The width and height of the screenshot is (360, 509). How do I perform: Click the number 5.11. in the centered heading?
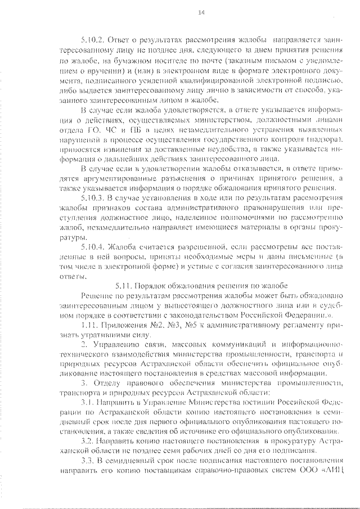[x=124, y=286]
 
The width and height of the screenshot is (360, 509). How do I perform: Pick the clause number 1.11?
[x=91, y=326]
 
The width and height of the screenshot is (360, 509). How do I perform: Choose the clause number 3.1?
[x=89, y=403]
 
